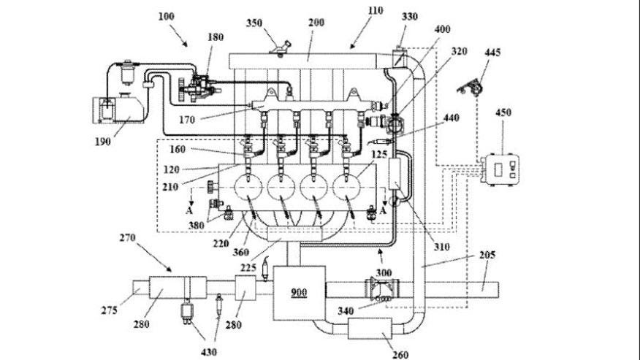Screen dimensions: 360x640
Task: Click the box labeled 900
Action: [x=299, y=292]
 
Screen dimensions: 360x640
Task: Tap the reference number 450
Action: [x=503, y=113]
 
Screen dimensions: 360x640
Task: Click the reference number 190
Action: [x=102, y=142]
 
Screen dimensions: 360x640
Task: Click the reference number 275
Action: [x=110, y=310]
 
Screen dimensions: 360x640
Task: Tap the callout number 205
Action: [x=487, y=255]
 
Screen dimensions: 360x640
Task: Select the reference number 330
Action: [x=409, y=16]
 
